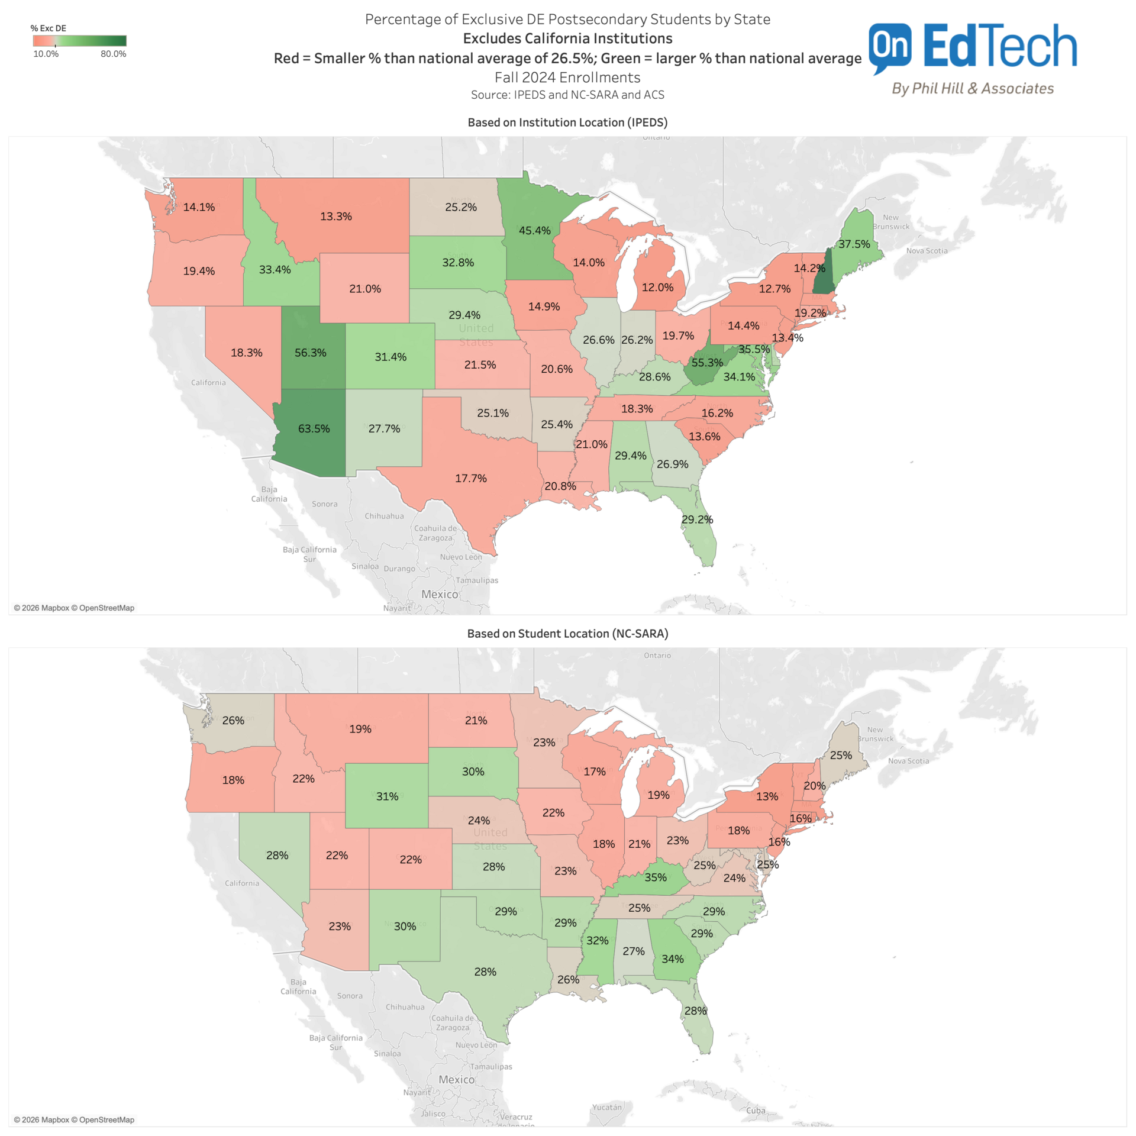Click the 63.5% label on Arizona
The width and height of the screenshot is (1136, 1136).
coord(314,428)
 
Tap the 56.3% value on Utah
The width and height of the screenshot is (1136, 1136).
coord(310,353)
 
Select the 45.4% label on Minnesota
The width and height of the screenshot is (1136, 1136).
coord(534,230)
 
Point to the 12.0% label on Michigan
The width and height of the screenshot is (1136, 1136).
coord(657,287)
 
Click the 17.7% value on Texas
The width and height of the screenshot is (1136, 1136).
coord(470,478)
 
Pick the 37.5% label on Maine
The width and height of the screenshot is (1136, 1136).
coord(854,244)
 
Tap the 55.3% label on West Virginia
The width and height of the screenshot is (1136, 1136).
coord(707,362)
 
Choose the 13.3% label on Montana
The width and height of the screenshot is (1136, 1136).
coord(335,216)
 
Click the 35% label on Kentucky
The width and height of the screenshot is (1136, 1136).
coord(655,877)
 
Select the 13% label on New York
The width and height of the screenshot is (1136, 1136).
coord(767,796)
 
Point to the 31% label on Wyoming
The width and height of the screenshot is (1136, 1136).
coord(387,796)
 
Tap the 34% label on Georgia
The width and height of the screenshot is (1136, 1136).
coord(672,958)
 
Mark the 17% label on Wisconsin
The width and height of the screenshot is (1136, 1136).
coord(594,772)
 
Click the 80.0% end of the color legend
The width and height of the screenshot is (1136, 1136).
coord(113,54)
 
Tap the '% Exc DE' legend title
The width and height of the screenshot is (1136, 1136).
coord(49,28)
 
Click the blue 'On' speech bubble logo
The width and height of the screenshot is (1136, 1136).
coord(890,46)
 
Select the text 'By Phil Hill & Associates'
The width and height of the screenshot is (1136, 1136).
coord(973,88)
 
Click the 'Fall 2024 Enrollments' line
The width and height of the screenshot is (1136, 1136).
coord(567,78)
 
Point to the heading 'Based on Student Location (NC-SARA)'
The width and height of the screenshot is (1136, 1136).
coord(567,634)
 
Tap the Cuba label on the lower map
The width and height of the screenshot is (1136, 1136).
coord(756,1111)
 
